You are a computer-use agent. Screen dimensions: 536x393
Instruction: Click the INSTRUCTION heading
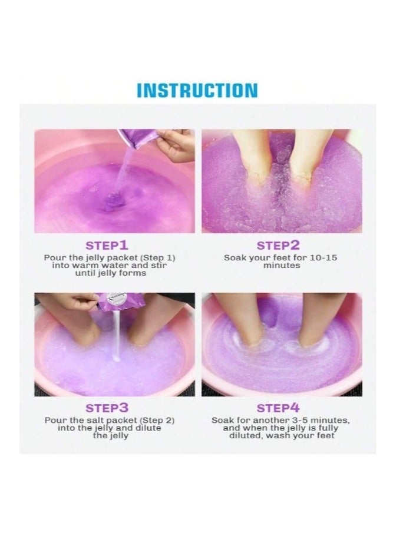(197, 90)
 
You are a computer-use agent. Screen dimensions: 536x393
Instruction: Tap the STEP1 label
(107, 245)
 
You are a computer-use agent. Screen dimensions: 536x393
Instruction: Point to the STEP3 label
(107, 408)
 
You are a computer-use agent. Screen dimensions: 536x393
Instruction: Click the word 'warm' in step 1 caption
(87, 266)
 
